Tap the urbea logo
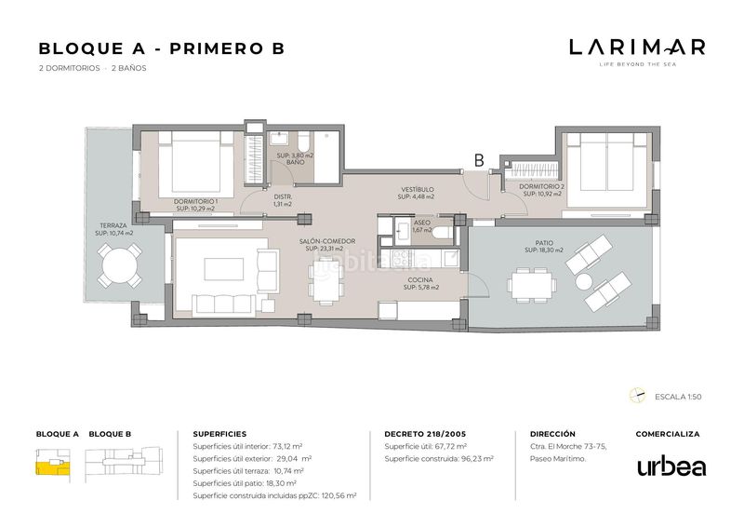[x=671, y=466]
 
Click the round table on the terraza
[x=120, y=265]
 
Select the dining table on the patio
[x=532, y=285]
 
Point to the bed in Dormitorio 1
[x=195, y=164]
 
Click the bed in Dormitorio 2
[x=607, y=169]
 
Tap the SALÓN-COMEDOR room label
[x=327, y=241]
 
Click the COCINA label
[x=420, y=280]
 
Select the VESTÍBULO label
[x=417, y=189]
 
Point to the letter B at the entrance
[x=479, y=161]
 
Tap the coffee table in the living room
[x=223, y=269]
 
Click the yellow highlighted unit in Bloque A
[x=52, y=467]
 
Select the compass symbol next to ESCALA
[x=638, y=396]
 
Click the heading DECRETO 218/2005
[x=425, y=434]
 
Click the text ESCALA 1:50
[x=678, y=397]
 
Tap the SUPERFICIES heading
[x=219, y=434]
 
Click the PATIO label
[x=544, y=243]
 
